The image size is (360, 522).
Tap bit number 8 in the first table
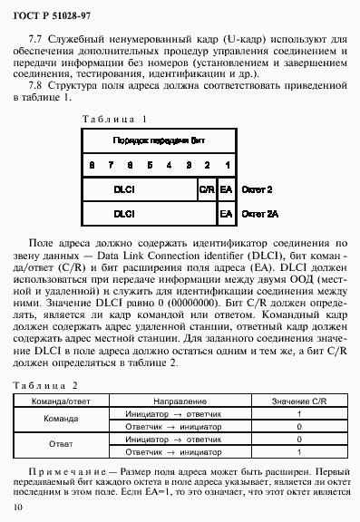coord(92,165)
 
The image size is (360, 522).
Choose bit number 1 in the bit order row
coord(226,165)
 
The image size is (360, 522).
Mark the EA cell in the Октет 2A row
coord(226,215)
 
